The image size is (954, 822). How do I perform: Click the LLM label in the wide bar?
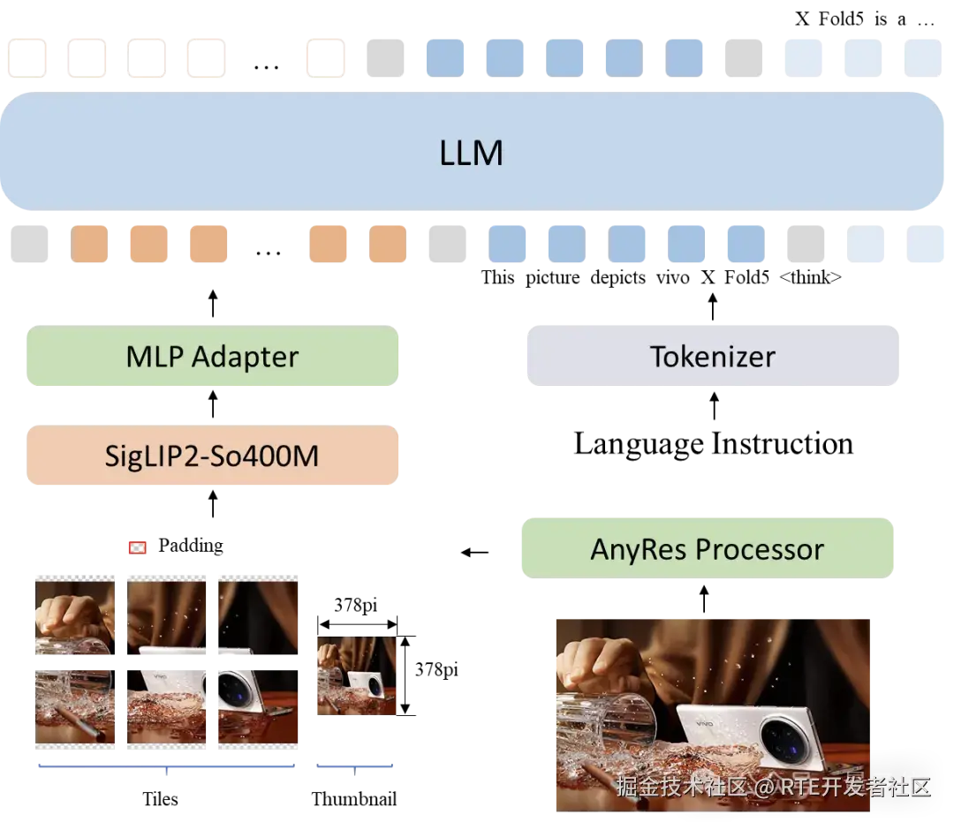tap(471, 154)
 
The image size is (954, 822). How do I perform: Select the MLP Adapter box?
tap(212, 357)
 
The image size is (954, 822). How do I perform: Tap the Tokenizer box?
tap(713, 357)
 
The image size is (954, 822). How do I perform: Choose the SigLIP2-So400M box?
tap(212, 456)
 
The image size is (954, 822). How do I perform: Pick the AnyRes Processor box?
tap(707, 549)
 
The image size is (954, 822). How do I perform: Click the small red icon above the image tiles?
tap(137, 548)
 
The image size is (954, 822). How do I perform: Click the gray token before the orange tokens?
tap(28, 245)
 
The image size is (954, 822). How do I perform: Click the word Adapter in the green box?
tap(245, 357)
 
